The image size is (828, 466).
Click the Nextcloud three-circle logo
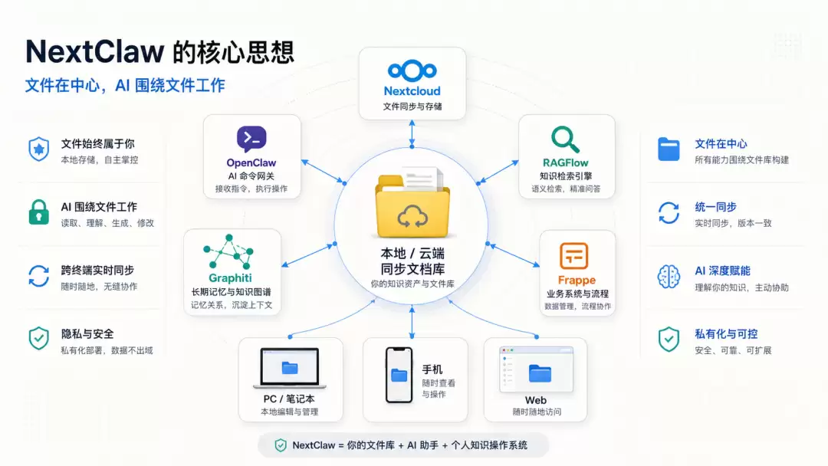412,71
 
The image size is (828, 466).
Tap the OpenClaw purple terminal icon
251,139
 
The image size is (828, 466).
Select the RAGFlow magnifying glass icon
565,139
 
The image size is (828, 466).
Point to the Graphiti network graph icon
228,251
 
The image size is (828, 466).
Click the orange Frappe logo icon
574,256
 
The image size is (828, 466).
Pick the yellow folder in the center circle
412,207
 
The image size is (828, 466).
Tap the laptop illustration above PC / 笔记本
289,368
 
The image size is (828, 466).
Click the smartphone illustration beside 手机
399,376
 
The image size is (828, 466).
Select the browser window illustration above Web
536,369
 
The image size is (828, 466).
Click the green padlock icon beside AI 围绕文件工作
38,212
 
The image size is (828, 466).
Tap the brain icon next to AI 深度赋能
669,276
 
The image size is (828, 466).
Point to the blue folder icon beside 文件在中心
669,149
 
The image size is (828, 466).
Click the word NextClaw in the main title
95,51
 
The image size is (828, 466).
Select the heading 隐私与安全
87,334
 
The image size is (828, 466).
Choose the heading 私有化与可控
726,334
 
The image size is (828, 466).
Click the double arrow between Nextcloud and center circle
412,134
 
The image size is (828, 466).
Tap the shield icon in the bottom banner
281,445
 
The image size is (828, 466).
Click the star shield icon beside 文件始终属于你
38,149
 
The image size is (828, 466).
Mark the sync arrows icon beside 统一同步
669,212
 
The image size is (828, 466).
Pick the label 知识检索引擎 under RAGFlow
566,176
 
